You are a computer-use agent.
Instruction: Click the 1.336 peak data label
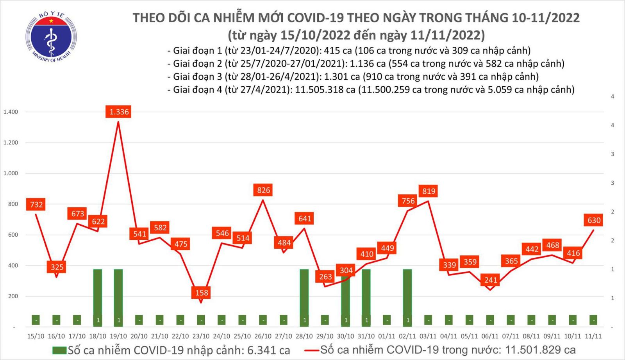click(x=119, y=112)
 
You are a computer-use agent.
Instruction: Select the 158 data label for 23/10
click(x=202, y=292)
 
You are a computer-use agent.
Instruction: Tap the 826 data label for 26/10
click(x=263, y=190)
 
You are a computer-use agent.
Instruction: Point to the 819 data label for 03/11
click(x=429, y=191)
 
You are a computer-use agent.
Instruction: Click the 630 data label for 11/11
click(x=594, y=220)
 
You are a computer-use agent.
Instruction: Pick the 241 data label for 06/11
click(x=491, y=280)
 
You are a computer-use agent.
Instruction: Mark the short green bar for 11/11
click(x=593, y=320)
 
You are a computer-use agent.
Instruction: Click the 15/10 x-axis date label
click(x=36, y=336)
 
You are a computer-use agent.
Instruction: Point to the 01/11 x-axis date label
click(x=387, y=336)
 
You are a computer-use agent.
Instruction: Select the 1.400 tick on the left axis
click(x=11, y=112)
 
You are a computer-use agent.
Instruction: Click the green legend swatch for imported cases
click(x=59, y=350)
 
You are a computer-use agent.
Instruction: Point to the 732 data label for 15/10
click(x=36, y=205)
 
